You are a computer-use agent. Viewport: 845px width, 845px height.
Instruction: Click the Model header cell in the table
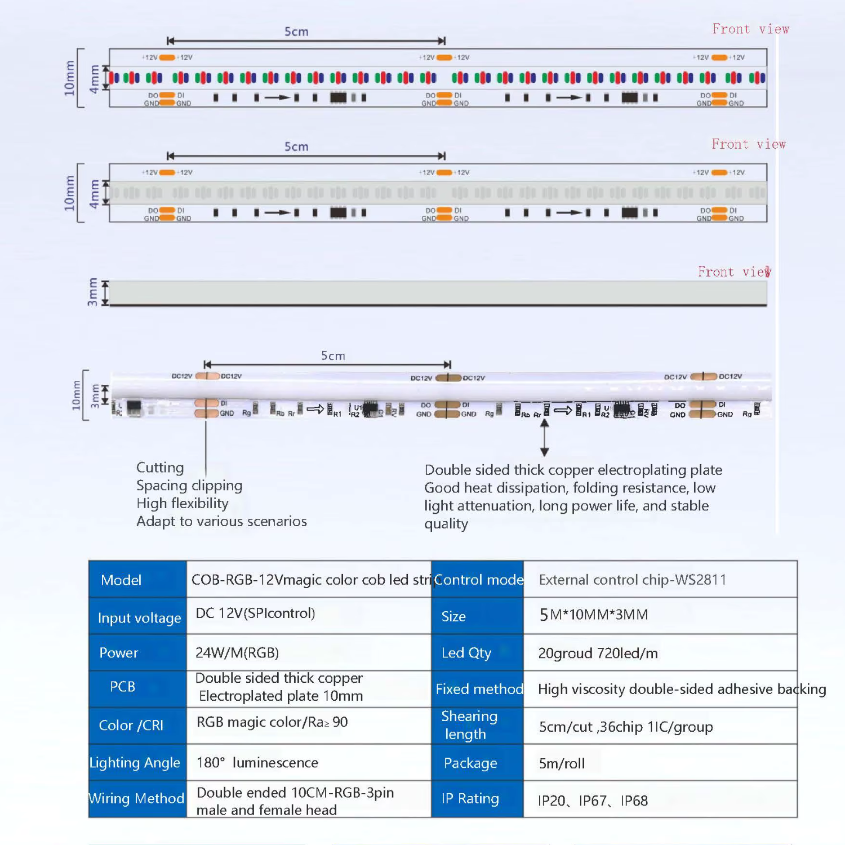121,580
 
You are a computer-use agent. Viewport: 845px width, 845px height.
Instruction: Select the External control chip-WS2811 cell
632,580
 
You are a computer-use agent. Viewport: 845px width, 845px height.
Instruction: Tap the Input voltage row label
139,618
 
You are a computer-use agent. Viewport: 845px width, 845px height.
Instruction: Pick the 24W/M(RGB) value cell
237,653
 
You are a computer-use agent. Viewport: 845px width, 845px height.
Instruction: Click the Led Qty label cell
466,653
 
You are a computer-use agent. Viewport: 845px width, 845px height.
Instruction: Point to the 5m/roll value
562,763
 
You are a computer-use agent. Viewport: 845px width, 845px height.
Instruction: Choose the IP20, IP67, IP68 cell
593,800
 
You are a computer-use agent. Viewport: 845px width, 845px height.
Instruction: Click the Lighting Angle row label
135,763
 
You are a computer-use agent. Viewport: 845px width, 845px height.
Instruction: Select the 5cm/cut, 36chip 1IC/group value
625,727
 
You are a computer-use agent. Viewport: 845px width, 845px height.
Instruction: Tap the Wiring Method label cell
136,798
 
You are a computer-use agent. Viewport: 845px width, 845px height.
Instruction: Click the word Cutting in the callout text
160,468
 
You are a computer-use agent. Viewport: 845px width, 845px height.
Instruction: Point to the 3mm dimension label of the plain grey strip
92,292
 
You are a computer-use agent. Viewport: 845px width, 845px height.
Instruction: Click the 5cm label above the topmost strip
296,32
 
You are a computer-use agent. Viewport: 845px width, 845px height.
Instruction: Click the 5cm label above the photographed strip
333,356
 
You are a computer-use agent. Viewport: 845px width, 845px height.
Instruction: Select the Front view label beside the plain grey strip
733,272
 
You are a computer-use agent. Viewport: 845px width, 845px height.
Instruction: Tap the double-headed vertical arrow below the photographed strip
544,438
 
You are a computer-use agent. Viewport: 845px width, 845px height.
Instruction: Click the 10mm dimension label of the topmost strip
69,78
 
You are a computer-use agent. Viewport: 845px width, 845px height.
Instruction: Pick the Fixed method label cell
479,689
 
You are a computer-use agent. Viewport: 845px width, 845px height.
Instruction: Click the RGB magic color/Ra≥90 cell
272,722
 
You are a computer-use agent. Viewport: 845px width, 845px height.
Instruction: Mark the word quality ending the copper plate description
446,524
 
